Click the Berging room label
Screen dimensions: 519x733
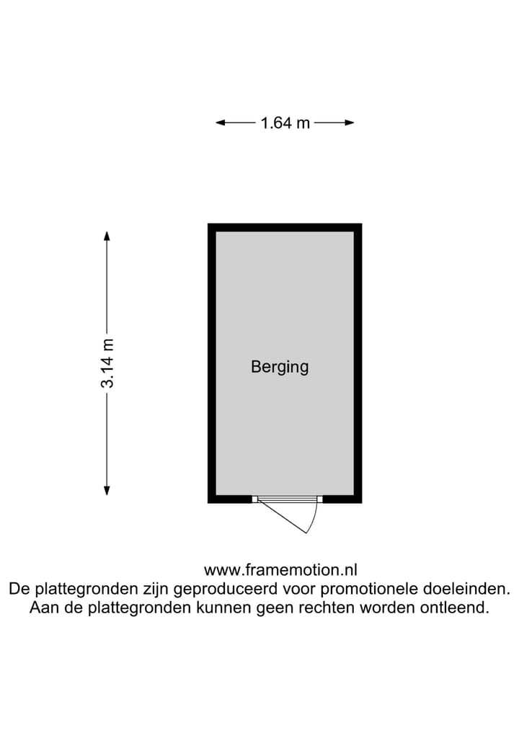click(x=280, y=368)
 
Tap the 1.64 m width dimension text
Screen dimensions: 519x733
click(x=285, y=123)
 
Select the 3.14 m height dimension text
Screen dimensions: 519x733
click(x=107, y=363)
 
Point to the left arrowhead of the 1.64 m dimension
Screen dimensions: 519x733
click(x=221, y=123)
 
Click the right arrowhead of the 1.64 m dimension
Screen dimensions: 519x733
click(x=349, y=123)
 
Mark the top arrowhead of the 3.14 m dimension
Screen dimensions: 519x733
click(x=107, y=236)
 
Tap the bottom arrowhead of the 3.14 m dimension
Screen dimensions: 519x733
click(x=107, y=490)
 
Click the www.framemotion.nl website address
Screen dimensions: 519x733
click(x=280, y=570)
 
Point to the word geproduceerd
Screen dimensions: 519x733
click(x=226, y=590)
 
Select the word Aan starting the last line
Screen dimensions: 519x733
click(x=43, y=608)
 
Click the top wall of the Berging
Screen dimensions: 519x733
click(x=285, y=228)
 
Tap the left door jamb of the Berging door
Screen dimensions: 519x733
click(x=255, y=499)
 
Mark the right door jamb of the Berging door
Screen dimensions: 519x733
click(x=320, y=499)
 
